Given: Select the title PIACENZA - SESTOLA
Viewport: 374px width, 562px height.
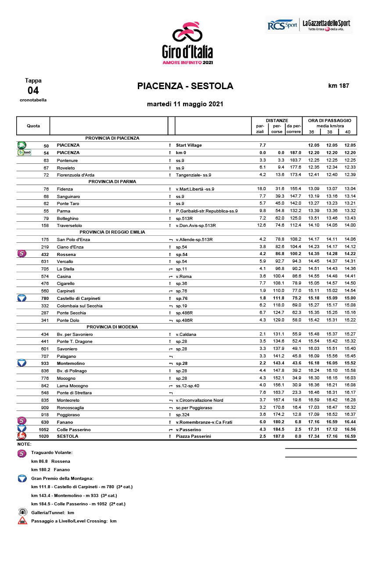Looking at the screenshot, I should (185, 86).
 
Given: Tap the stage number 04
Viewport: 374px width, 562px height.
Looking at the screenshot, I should (33, 90).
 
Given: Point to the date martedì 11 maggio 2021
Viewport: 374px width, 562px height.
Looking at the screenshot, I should (185, 104).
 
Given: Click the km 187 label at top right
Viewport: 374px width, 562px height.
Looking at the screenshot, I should (338, 86).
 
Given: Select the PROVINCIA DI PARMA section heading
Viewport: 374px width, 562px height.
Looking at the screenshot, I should (112, 181).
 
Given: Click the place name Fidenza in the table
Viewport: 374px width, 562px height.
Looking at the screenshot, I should (65, 189).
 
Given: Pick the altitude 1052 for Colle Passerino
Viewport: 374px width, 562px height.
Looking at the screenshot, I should (43, 429).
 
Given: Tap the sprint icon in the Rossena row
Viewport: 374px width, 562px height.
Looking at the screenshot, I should (22, 254).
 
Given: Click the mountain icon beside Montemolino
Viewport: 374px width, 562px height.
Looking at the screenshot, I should (22, 363).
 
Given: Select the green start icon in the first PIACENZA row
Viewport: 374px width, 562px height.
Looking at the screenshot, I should (22, 145).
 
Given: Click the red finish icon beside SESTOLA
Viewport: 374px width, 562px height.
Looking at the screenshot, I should (22, 436).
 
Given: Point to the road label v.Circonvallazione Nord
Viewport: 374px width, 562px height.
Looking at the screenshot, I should (199, 400).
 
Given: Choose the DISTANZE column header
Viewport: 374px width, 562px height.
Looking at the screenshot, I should (277, 120).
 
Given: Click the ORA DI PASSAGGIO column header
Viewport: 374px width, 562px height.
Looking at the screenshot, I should (329, 120).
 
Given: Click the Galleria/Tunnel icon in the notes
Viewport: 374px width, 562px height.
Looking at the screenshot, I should (22, 512).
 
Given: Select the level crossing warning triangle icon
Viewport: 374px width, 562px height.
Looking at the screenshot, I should (22, 521).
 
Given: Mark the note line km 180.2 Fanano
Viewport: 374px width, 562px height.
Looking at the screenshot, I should (50, 469).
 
